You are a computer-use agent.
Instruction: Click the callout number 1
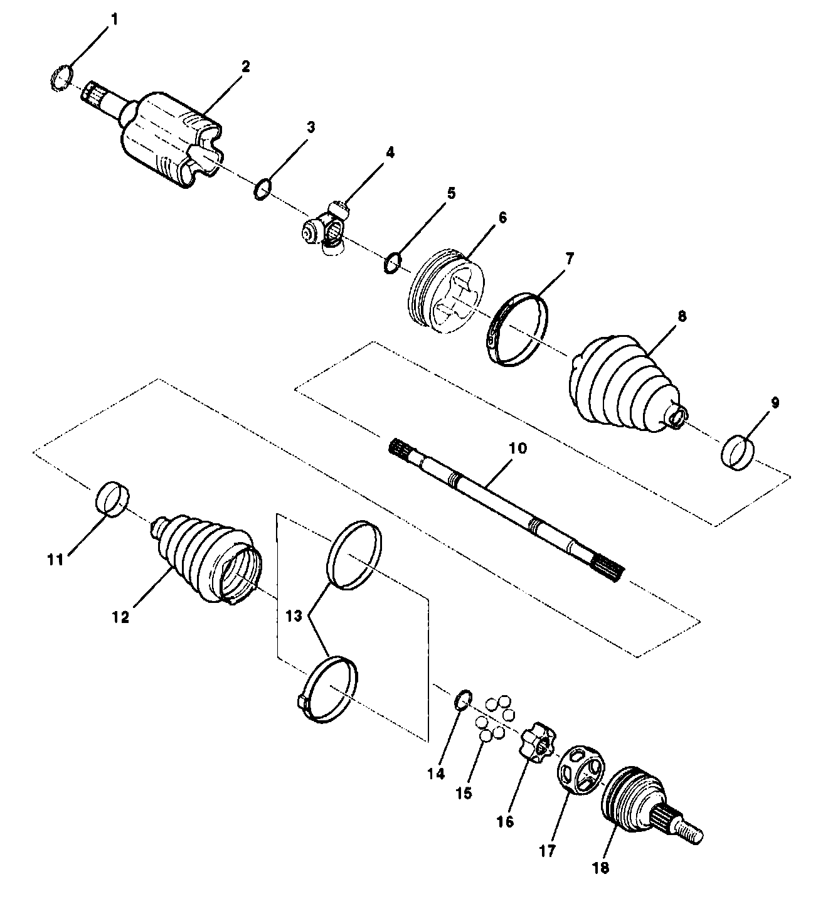[x=114, y=19]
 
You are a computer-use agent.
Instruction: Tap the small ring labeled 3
[x=263, y=188]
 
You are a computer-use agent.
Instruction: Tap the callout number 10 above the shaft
[x=518, y=449]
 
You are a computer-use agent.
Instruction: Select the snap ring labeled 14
[x=463, y=698]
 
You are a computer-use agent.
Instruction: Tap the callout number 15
[x=463, y=793]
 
